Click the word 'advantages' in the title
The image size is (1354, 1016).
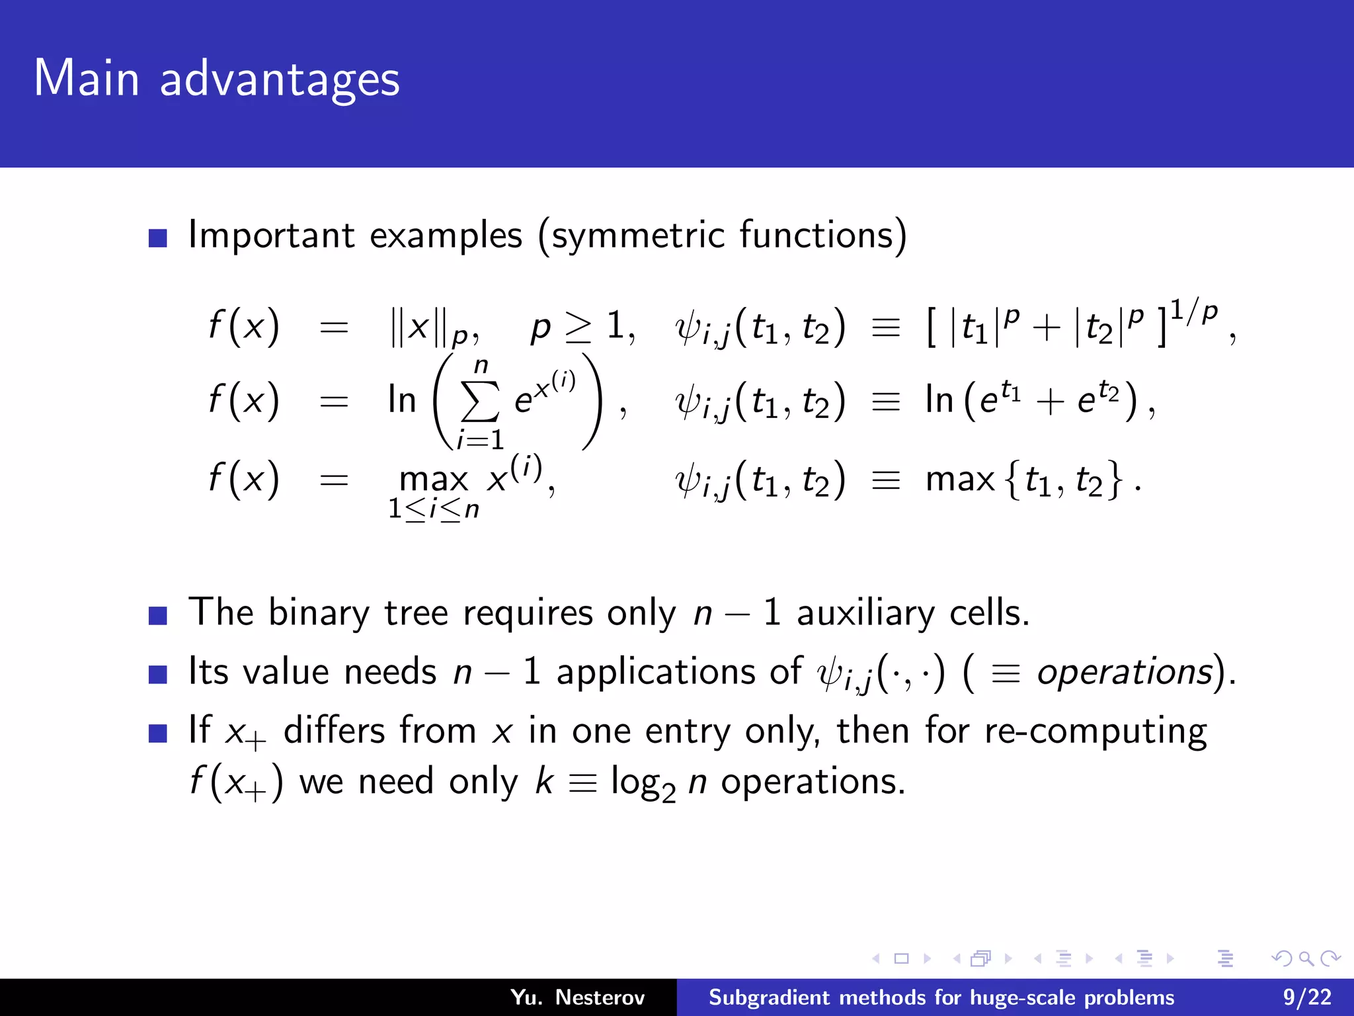[x=279, y=79]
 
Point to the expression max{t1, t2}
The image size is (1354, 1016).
[x=1024, y=479]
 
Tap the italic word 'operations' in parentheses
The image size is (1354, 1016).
[x=1124, y=672]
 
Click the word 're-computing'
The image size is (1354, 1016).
[x=1095, y=732]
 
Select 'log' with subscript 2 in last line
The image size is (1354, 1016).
[x=642, y=783]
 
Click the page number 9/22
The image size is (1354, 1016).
[x=1307, y=997]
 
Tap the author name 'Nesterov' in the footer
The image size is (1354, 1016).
[x=600, y=997]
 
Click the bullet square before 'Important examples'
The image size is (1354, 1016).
[x=158, y=238]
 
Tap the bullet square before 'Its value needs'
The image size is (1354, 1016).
[x=158, y=675]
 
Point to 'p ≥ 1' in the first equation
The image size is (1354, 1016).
[x=582, y=326]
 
